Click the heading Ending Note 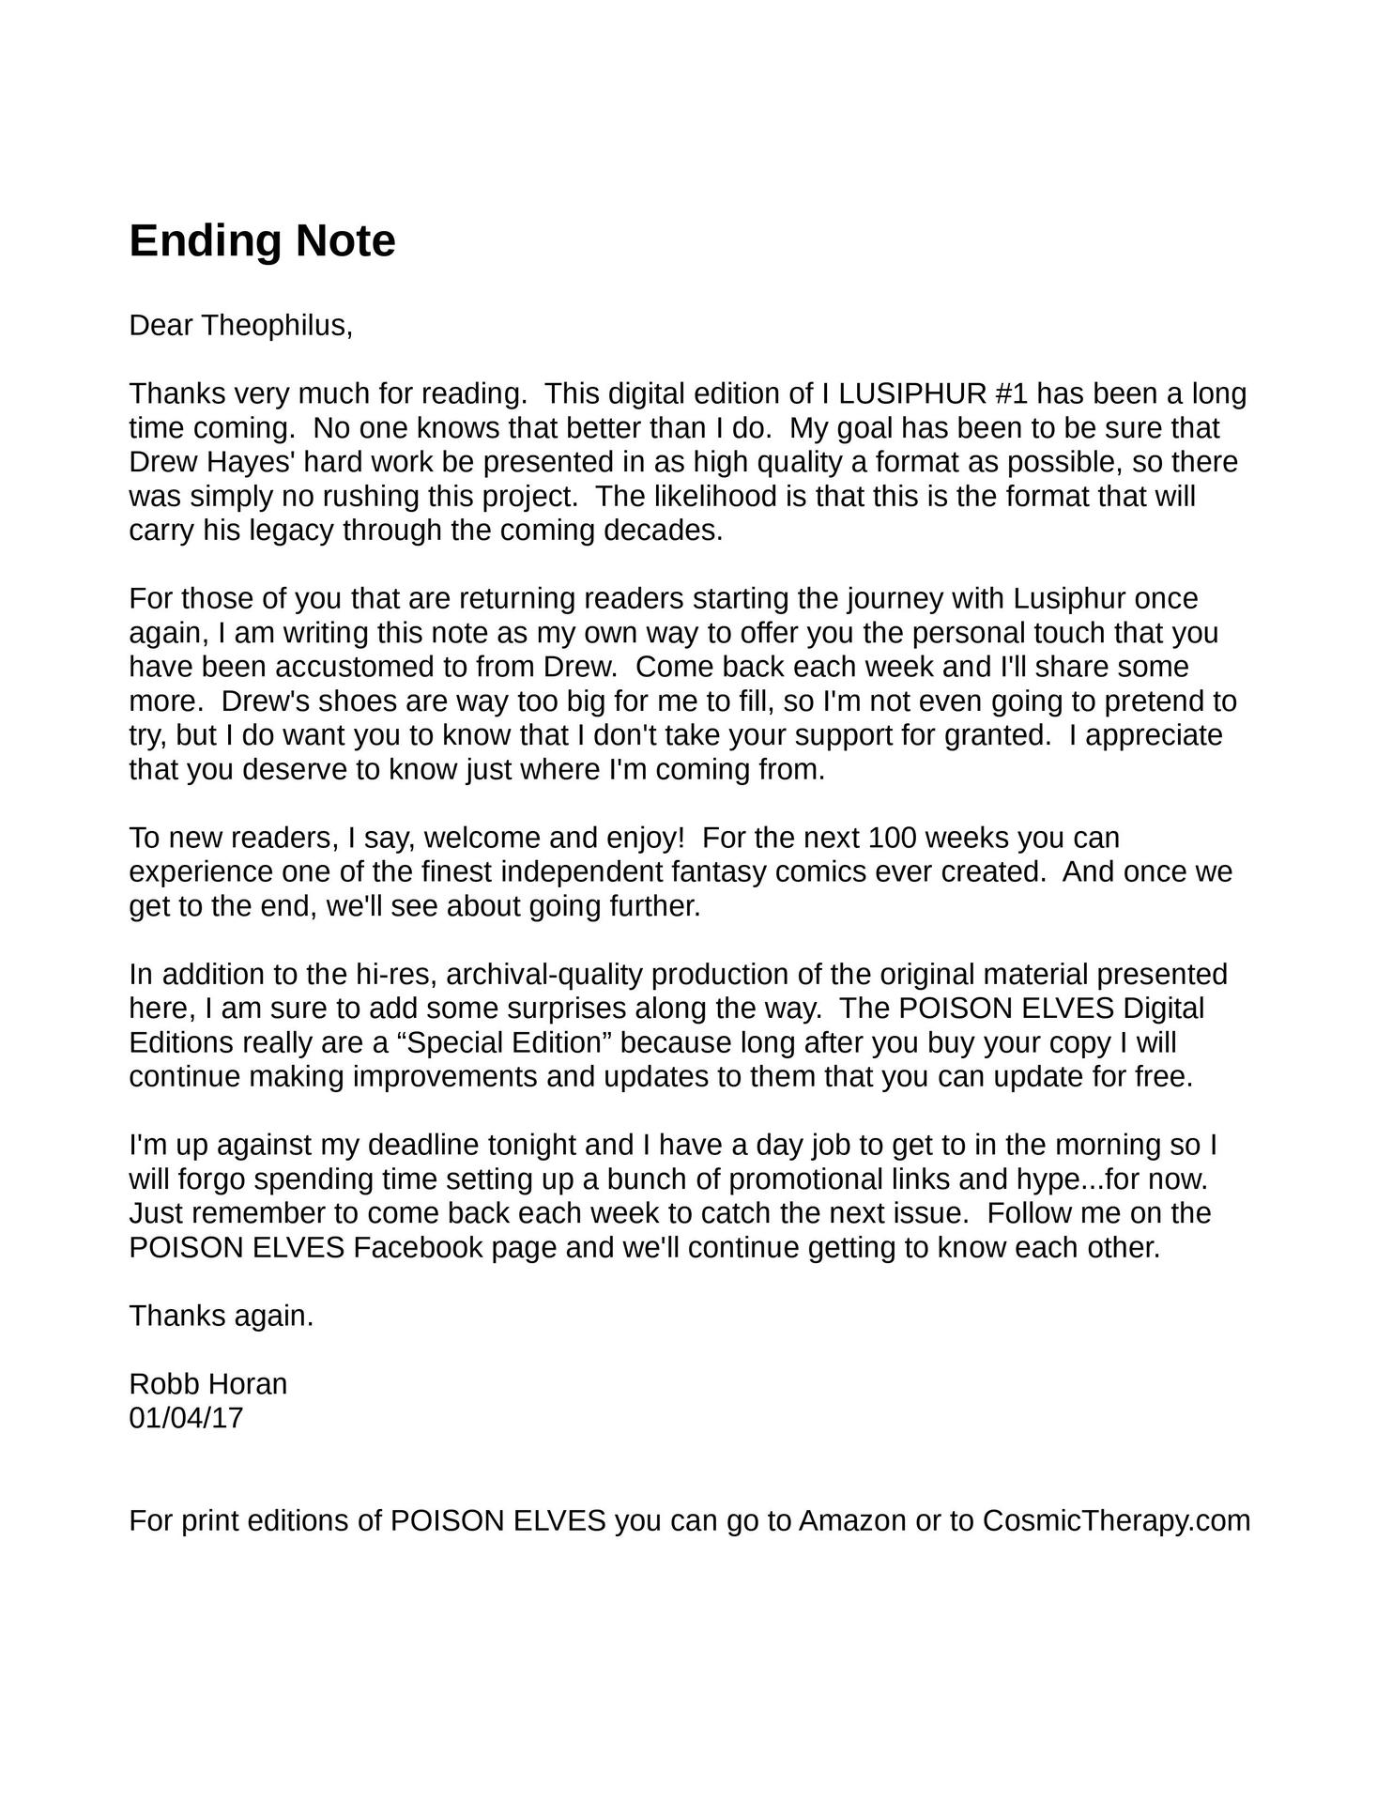(262, 241)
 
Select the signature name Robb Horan (207, 1384)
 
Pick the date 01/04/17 (186, 1418)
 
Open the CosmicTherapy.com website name (1116, 1520)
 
